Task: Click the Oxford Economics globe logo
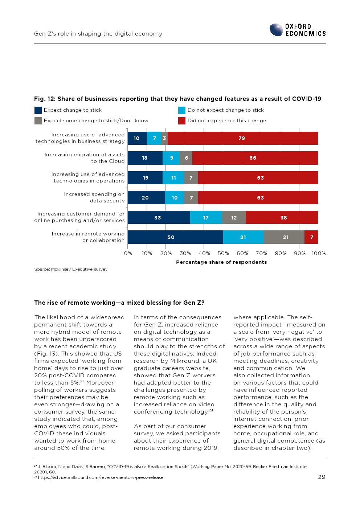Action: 276,30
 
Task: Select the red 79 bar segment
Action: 242,138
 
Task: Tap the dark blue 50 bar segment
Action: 175,237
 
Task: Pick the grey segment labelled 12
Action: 234,218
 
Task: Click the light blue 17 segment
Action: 206,218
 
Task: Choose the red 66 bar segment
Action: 255,158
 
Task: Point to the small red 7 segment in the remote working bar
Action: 311,237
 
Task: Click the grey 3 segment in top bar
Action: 164,138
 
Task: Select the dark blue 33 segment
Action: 159,218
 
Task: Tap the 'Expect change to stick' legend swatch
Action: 38,110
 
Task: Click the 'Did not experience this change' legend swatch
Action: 182,121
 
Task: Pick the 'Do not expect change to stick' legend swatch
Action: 182,110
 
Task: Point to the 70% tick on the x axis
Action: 261,253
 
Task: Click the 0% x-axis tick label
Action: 128,253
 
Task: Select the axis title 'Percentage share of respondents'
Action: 221,262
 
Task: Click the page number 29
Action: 322,477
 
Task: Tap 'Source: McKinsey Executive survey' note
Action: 71,269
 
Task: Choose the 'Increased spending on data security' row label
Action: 94,197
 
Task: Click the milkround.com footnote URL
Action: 101,477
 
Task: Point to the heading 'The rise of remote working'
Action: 119,303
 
